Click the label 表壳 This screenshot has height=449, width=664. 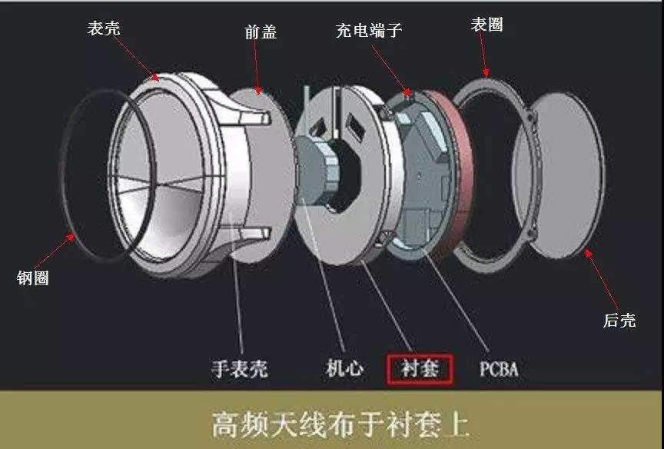click(104, 28)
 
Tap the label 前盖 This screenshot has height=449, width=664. click(261, 32)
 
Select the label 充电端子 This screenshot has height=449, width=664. click(369, 30)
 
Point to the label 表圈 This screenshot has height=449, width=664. click(487, 25)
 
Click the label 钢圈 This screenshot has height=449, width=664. click(33, 278)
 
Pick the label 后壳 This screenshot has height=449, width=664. click(619, 320)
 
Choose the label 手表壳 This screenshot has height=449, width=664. click(240, 368)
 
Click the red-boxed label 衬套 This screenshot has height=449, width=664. click(420, 368)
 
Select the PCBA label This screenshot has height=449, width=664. click(499, 368)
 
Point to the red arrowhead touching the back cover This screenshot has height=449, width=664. click(588, 253)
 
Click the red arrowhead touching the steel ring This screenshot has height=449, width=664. click(71, 238)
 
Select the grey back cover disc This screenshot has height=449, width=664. click(559, 175)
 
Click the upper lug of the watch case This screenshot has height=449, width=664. click(254, 116)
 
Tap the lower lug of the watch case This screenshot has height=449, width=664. click(254, 233)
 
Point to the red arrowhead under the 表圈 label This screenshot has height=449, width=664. click(486, 73)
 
